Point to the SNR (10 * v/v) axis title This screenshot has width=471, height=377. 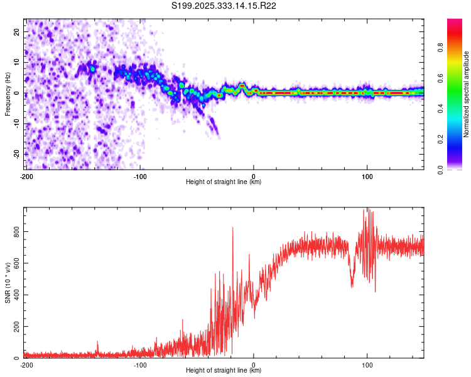pos(8,282)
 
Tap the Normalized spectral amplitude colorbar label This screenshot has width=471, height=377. pos(467,94)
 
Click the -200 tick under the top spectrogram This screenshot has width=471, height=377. pos(26,176)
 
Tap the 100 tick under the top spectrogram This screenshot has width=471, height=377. pos(367,176)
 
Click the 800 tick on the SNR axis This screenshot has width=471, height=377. pos(15,232)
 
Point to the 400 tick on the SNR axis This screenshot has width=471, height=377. pos(15,295)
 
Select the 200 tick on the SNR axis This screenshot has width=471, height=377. pos(15,327)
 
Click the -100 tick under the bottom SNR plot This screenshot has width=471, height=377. pos(140,364)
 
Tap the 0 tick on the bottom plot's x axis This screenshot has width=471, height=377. pos(254,364)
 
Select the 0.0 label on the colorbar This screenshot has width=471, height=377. pos(441,168)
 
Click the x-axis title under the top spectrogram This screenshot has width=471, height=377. pos(224,182)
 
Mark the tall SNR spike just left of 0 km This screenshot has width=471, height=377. pos(233,229)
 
